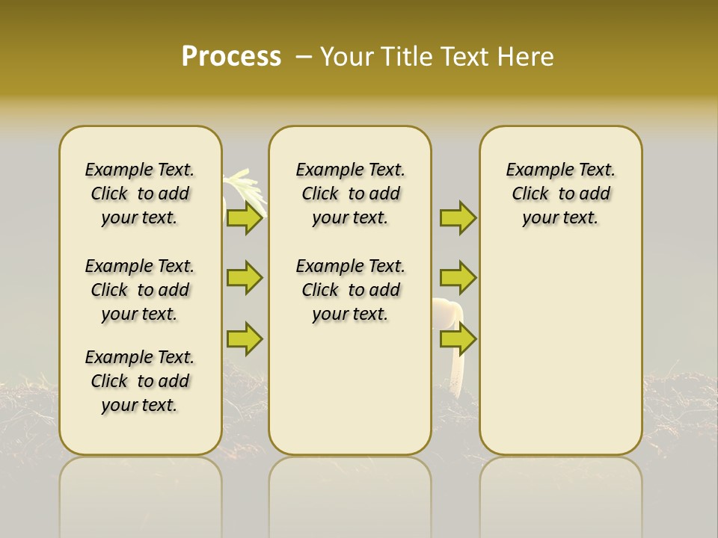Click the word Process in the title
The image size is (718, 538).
pyautogui.click(x=231, y=57)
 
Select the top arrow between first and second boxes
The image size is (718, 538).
pyautogui.click(x=245, y=217)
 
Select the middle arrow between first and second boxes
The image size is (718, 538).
pyautogui.click(x=245, y=278)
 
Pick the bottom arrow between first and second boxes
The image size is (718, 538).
pyautogui.click(x=245, y=338)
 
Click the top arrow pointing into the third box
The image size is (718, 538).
pyautogui.click(x=458, y=217)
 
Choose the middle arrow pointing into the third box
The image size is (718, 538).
pyautogui.click(x=458, y=278)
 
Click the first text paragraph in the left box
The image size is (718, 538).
pyautogui.click(x=140, y=194)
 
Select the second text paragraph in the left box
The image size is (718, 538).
pyautogui.click(x=140, y=290)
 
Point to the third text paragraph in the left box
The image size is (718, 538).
pyautogui.click(x=140, y=381)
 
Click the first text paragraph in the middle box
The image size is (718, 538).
pyautogui.click(x=350, y=194)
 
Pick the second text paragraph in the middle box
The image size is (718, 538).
pyautogui.click(x=350, y=290)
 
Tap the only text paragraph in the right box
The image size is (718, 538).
pyautogui.click(x=560, y=194)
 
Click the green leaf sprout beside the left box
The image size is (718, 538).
pyautogui.click(x=245, y=187)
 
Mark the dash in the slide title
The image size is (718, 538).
pyautogui.click(x=303, y=57)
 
